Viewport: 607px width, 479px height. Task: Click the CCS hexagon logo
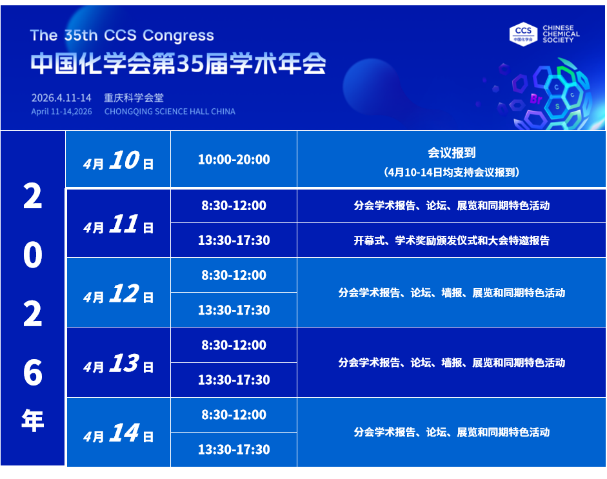523,34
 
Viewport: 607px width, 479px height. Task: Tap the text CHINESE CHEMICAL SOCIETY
561,34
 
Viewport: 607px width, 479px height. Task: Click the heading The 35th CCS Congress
122,35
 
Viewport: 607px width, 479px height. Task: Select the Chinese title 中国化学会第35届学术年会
178,64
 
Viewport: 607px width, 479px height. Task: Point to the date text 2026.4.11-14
61,98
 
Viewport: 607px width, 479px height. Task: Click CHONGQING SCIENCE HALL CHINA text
170,112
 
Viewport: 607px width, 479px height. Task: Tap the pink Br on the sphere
536,99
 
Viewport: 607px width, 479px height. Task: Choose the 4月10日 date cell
118,159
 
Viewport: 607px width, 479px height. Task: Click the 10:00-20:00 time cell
234,159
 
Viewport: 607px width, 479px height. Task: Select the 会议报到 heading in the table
452,153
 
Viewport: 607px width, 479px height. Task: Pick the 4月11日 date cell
119,224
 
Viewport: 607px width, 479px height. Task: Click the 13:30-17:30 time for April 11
234,240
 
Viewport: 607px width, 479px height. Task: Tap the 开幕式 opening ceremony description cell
452,240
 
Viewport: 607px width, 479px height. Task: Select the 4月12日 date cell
119,293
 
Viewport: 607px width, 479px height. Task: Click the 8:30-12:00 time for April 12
234,275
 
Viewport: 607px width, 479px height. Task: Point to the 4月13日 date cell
119,363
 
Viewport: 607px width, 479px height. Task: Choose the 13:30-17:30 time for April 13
234,380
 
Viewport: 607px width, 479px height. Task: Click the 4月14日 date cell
119,433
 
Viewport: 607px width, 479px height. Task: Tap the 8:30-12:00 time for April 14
234,415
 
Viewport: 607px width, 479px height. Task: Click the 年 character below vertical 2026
32,420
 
